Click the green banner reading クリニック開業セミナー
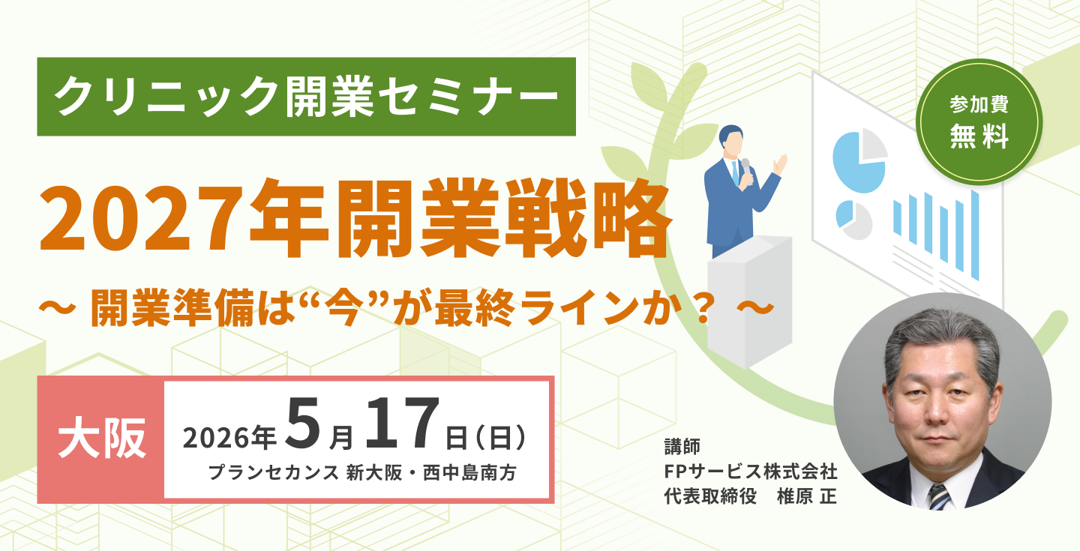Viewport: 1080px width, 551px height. tap(306, 97)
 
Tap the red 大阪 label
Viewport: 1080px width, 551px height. tap(101, 439)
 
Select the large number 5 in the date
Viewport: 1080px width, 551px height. tap(302, 423)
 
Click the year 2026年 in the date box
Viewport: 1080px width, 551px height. tap(229, 437)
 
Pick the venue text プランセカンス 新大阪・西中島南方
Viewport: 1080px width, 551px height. tap(362, 473)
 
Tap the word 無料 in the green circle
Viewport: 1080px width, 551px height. tap(979, 136)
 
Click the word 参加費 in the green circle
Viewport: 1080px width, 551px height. tap(979, 103)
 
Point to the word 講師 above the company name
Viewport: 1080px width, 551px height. tap(682, 446)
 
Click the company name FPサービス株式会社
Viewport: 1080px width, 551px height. tap(751, 472)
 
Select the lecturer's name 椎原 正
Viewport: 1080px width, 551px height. tap(807, 496)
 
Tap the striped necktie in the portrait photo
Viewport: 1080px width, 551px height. tap(940, 496)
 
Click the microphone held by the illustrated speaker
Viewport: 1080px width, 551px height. tap(745, 166)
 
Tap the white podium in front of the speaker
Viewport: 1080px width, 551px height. tap(749, 301)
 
